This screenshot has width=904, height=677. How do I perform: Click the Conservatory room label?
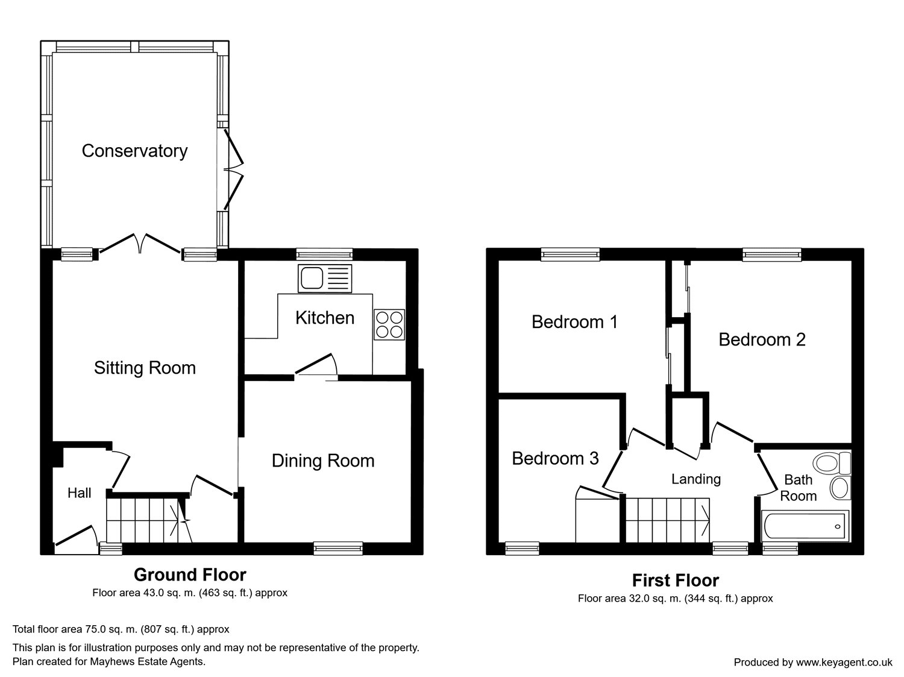[134, 151]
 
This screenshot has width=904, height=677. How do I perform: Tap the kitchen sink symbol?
[325, 279]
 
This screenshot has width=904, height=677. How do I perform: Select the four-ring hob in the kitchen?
[389, 324]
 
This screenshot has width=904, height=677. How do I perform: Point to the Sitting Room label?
[145, 368]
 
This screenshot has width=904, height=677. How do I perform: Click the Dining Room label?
[323, 461]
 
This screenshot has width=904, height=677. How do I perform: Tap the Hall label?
[79, 493]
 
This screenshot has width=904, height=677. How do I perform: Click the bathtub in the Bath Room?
[805, 526]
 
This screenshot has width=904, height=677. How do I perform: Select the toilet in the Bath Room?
[833, 463]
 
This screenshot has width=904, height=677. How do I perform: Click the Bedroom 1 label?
[574, 322]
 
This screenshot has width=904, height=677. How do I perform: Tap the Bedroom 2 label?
[762, 340]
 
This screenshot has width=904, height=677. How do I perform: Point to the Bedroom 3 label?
[555, 458]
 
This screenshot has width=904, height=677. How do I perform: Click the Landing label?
[696, 479]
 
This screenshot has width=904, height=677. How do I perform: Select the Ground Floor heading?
[190, 575]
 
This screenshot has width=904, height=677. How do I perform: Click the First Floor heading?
[676, 580]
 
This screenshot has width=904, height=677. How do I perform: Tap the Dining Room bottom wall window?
[338, 548]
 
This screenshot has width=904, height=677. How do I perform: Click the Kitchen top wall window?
[324, 254]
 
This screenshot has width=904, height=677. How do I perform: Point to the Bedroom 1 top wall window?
[570, 254]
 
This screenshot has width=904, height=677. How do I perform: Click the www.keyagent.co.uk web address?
[844, 662]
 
